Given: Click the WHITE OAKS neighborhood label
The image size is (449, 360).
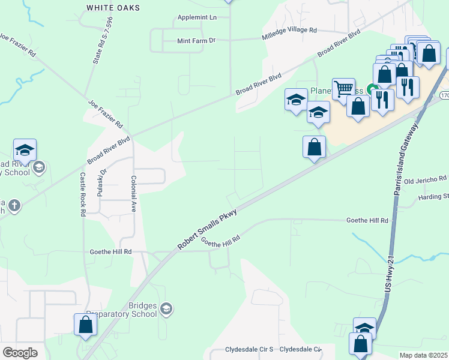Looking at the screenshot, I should [x=113, y=8].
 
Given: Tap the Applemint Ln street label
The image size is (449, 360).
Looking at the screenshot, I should [x=197, y=17].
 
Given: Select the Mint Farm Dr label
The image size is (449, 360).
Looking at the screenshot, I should [x=196, y=41].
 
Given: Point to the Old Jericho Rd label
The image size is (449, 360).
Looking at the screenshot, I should [x=426, y=179].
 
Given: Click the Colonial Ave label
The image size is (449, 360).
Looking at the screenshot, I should [x=134, y=191].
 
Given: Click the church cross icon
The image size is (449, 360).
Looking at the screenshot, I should [x=14, y=206].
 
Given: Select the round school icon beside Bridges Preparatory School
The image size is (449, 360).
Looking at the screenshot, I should [x=166, y=309].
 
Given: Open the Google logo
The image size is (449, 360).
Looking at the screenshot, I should [x=20, y=353].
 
